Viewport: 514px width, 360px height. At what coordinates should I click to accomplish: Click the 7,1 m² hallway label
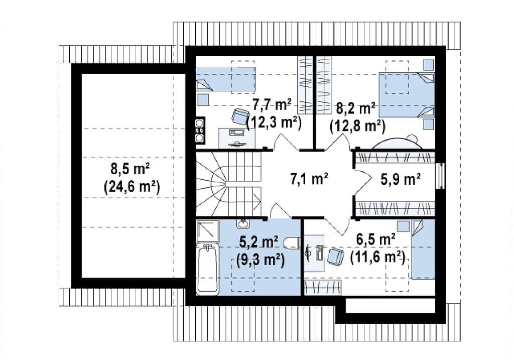tap(309, 179)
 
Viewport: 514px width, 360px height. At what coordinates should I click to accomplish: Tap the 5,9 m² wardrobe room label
tap(401, 179)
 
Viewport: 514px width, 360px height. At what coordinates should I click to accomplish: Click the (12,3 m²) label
tap(274, 123)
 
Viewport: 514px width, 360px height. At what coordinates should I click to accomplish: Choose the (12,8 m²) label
tap(357, 126)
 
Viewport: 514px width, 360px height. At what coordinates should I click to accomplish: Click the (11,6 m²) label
tap(377, 257)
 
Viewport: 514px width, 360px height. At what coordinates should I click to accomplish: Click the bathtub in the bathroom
tap(207, 269)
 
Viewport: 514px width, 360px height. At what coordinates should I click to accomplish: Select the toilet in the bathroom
tap(293, 243)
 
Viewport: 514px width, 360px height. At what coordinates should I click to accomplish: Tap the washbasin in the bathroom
tap(242, 224)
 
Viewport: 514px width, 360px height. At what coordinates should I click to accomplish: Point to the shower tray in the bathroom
tap(207, 231)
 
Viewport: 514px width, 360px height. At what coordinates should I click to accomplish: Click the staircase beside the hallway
tap(228, 183)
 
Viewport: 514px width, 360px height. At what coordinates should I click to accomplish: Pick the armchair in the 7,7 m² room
tap(240, 115)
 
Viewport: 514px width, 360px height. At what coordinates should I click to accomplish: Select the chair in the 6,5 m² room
tap(335, 256)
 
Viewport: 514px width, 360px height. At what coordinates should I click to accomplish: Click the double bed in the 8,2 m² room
tap(407, 94)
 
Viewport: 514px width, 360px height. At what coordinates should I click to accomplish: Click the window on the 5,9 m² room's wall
tap(441, 176)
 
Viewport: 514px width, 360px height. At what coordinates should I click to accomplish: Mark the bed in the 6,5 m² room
tap(423, 249)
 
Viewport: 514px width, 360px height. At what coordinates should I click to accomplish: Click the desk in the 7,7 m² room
tap(237, 138)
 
